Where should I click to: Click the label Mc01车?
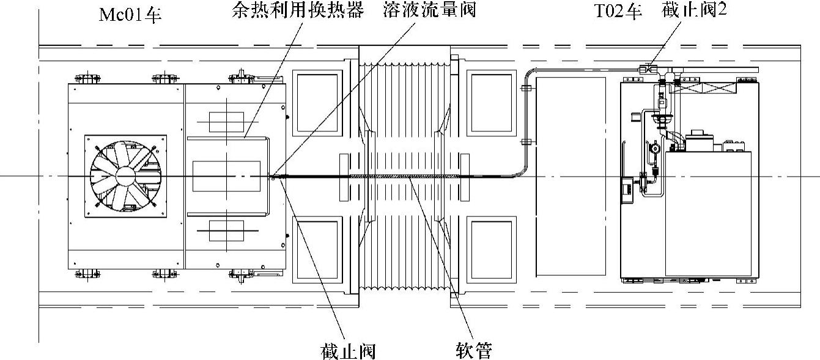[130, 13]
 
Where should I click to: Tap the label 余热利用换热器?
[298, 11]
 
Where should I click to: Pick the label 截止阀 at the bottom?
[347, 351]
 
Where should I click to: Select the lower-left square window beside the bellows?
[318, 250]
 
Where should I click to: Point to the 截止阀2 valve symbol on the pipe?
[645, 69]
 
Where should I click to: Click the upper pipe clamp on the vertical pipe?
[525, 88]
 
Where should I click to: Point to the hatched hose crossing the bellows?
[404, 177]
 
